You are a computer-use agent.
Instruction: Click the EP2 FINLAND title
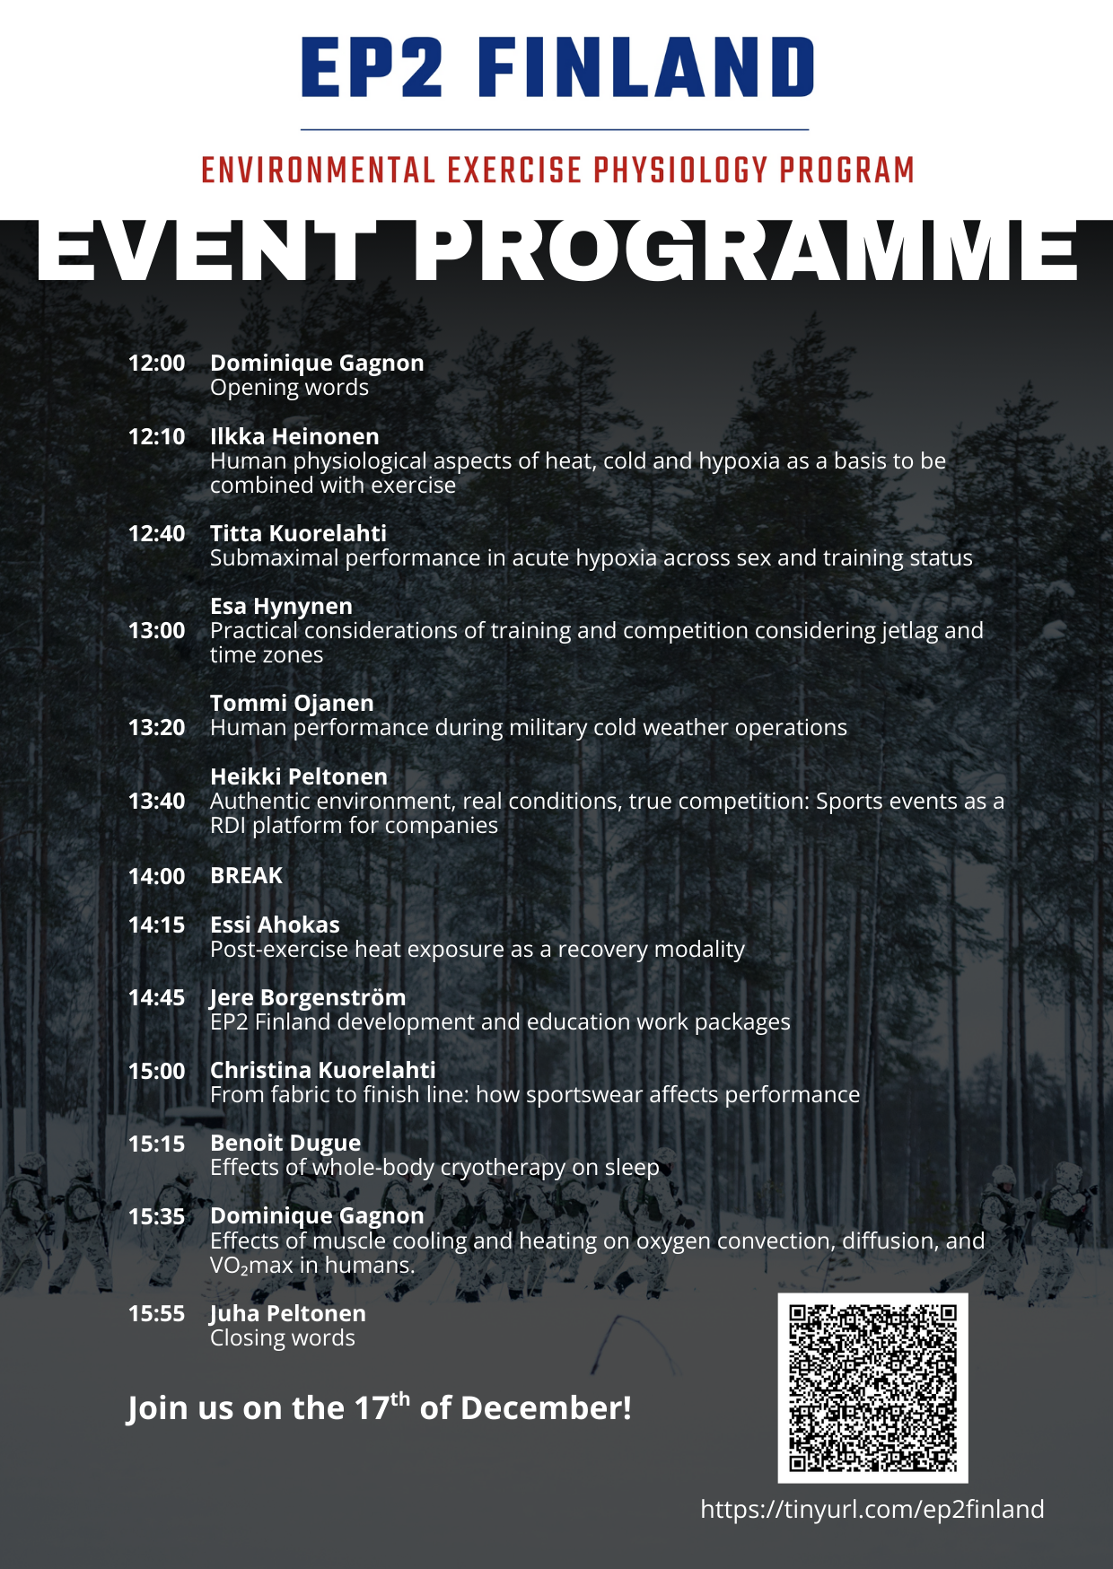[x=556, y=67]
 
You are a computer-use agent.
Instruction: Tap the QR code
[x=872, y=1388]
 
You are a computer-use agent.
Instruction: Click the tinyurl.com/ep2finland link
[x=872, y=1509]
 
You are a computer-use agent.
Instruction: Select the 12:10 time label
[x=156, y=437]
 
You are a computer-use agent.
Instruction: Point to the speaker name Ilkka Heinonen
[x=294, y=437]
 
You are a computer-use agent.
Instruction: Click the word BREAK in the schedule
[x=246, y=875]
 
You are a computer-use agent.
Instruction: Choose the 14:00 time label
[x=156, y=876]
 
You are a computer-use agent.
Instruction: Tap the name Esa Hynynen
[x=281, y=607]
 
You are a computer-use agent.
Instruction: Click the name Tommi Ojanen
[x=292, y=704]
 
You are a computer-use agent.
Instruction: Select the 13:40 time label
[x=156, y=801]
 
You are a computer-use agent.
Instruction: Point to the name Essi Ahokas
[x=275, y=925]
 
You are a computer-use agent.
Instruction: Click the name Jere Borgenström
[x=308, y=997]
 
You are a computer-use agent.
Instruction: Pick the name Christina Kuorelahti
[x=322, y=1070]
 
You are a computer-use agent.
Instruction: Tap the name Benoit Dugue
[x=285, y=1143]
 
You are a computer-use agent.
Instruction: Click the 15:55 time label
[x=156, y=1313]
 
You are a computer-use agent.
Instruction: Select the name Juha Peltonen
[x=287, y=1313]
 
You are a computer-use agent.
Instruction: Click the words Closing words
[x=282, y=1337]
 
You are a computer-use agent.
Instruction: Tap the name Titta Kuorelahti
[x=298, y=534]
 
